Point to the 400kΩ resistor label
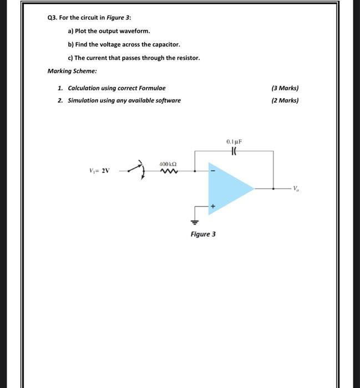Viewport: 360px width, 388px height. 168,165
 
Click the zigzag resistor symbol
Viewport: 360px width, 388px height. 168,172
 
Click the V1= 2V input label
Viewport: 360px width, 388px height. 100,171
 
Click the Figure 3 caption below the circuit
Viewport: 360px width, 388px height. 203,234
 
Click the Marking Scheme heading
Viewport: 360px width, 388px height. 72,72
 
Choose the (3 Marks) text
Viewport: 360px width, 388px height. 285,88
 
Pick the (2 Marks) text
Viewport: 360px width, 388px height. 285,100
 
